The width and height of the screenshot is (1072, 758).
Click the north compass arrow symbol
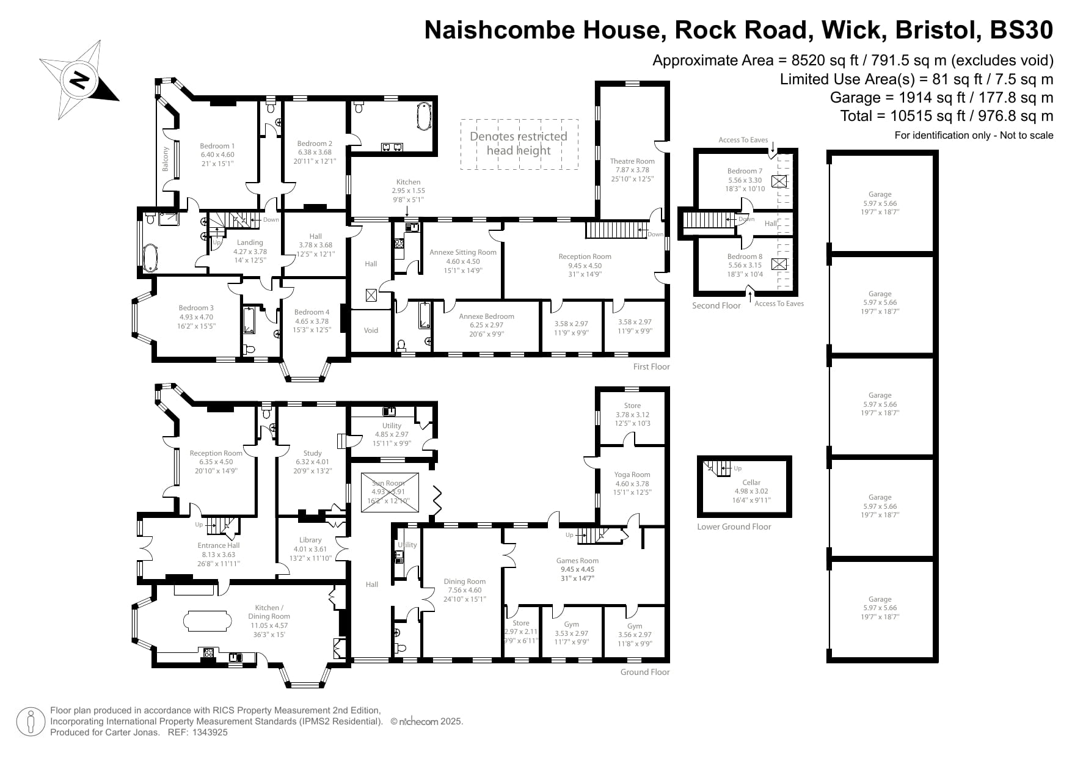click(79, 79)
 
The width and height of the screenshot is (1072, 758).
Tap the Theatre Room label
click(632, 161)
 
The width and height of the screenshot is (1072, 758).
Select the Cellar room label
click(751, 483)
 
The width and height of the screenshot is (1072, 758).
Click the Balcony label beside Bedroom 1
click(166, 159)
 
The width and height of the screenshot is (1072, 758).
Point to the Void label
click(371, 330)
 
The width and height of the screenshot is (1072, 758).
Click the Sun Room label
click(388, 483)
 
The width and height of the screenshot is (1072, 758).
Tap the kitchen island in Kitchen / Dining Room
click(208, 621)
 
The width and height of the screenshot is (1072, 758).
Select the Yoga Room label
click(632, 475)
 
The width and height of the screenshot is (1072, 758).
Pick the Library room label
click(310, 540)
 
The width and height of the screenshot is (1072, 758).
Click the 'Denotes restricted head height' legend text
click(518, 144)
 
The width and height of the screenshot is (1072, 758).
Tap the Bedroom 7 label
click(745, 171)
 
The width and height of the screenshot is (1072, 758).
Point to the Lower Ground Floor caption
click(734, 527)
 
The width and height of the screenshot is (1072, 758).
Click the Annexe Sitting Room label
click(462, 252)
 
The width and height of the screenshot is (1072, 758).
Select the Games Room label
click(577, 561)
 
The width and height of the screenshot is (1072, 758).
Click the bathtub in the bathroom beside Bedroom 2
click(423, 117)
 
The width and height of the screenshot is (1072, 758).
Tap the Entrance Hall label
click(219, 545)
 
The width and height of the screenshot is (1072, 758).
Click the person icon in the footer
click(31, 723)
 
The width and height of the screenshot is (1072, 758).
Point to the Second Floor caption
click(716, 305)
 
